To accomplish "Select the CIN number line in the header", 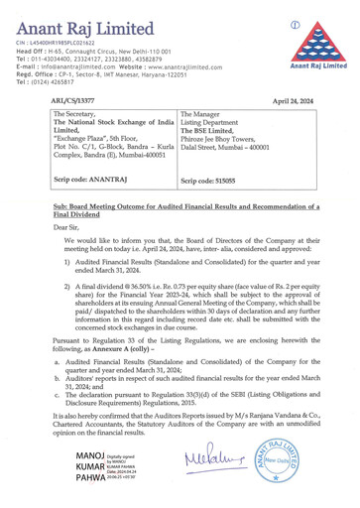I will (x=55, y=43).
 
